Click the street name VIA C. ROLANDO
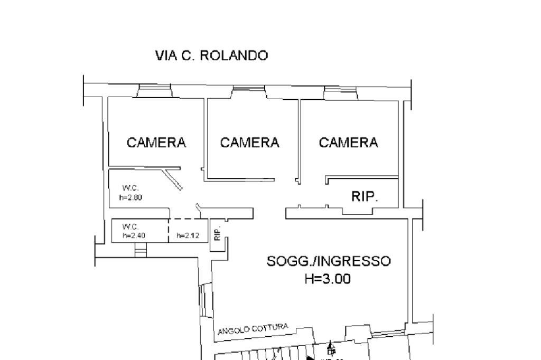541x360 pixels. pos(211,55)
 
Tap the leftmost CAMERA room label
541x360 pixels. pos(156,143)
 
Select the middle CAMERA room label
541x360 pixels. pos(249,143)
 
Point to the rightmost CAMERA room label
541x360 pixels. pos(348,143)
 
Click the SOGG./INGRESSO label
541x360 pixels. pos(329,261)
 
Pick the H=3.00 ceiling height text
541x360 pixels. pos(328,279)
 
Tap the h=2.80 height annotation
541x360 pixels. pos(130,197)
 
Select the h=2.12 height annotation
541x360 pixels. pos(188,235)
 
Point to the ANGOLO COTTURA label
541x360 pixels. pos(253,329)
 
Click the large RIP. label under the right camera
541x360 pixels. pos(365,197)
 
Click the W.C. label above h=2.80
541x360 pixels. pos(130,188)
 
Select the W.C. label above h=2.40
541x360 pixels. pos(130,226)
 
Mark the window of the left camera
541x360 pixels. pos(154,92)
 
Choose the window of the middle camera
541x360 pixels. pos(249,92)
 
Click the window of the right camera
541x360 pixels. pos(341,93)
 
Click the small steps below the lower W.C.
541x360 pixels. pos(141,251)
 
